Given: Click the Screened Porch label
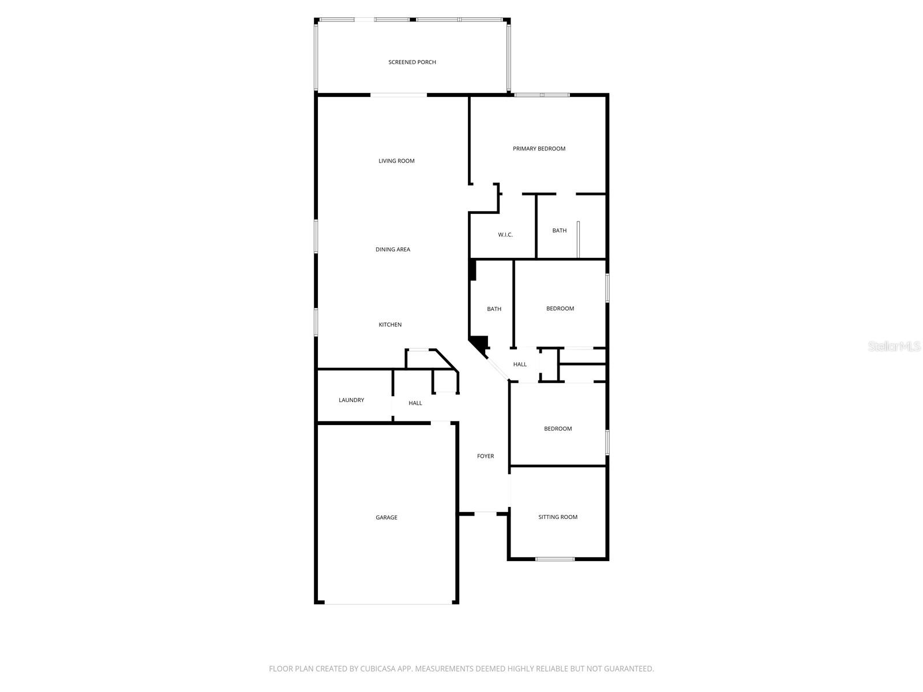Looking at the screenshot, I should click(x=412, y=62).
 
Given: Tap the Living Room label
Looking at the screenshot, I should click(x=396, y=161).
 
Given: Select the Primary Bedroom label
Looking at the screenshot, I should click(x=539, y=149).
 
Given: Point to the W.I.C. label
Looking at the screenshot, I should click(x=505, y=235).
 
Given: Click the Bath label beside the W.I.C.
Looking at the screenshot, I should click(x=559, y=231).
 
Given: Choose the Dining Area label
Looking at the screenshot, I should click(x=393, y=250).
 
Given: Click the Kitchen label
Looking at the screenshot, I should click(x=390, y=325).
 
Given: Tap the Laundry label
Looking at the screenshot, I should click(x=351, y=400).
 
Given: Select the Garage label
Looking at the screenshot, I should click(x=387, y=518).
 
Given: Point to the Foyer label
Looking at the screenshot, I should click(x=485, y=456).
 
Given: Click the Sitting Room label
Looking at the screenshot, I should click(x=558, y=517).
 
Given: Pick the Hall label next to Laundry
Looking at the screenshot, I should click(x=415, y=403).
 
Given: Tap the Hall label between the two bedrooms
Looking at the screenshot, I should click(x=520, y=364).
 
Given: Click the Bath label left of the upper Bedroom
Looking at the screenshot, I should click(x=494, y=309).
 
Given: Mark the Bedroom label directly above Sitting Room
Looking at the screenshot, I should click(x=558, y=428).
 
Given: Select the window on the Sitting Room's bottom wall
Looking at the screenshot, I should click(x=555, y=559).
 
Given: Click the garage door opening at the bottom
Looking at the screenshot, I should click(x=388, y=603).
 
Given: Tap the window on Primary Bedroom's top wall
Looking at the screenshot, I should click(x=542, y=95).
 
